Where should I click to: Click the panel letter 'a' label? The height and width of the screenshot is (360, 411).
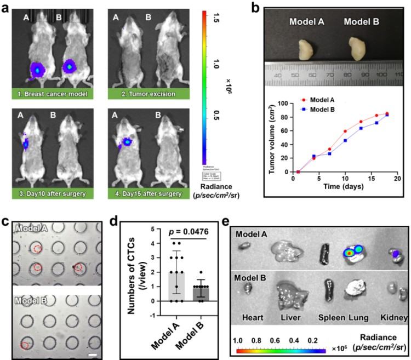[x=6, y=7]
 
